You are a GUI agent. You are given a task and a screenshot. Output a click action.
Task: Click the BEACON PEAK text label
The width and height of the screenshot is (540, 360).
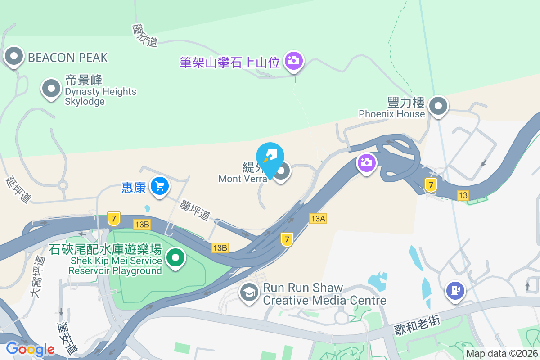click(x=67, y=58)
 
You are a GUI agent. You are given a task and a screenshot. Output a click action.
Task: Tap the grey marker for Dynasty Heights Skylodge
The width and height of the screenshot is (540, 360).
click(x=51, y=89)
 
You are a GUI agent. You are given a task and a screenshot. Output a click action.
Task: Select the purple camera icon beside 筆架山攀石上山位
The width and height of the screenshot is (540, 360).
click(x=294, y=60)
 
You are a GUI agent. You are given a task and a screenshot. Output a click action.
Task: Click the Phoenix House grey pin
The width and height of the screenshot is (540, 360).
click(x=438, y=107)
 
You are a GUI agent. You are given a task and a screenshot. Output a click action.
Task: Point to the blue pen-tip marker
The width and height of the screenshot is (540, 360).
click(x=270, y=157)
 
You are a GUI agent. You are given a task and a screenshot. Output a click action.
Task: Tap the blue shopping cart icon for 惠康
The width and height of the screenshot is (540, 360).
click(x=159, y=185)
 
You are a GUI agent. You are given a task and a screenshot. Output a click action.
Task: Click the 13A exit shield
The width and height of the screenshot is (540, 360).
click(x=318, y=219)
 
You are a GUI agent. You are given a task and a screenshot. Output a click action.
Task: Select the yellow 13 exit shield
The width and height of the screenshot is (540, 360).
click(x=463, y=195)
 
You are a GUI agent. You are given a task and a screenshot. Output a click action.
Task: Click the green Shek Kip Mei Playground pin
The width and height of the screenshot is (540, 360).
click(x=175, y=258)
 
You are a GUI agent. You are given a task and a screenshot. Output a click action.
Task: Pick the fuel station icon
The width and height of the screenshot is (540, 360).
click(x=455, y=290)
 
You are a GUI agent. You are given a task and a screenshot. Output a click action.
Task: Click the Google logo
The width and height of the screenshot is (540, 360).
click(x=30, y=349)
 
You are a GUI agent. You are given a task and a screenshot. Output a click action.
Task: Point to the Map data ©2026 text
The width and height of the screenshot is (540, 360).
click(x=502, y=354)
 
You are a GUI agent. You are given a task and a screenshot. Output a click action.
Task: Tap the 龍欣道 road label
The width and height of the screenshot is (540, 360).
click(x=145, y=35)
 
